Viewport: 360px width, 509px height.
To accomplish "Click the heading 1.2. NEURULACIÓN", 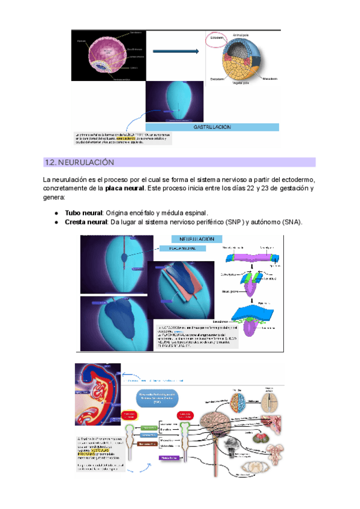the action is click(x=79, y=163).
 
